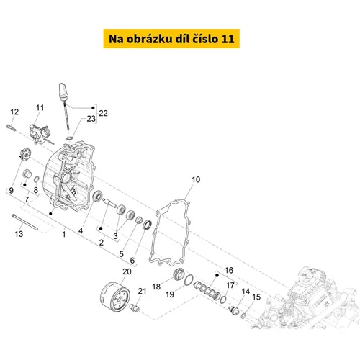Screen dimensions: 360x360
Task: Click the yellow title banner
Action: pyautogui.click(x=171, y=38)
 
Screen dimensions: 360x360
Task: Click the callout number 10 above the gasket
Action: pyautogui.click(x=196, y=179)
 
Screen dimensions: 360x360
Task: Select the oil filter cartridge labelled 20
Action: pyautogui.click(x=115, y=297)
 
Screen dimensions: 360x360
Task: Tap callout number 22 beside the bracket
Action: pyautogui.click(x=103, y=113)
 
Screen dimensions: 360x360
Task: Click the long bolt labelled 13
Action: pyautogui.click(x=25, y=222)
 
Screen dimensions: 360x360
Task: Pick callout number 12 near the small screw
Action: pyautogui.click(x=14, y=112)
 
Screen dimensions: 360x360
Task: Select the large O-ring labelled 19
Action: pyautogui.click(x=189, y=280)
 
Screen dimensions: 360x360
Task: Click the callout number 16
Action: pyautogui.click(x=229, y=270)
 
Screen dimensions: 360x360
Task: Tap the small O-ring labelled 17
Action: pyautogui.click(x=223, y=300)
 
